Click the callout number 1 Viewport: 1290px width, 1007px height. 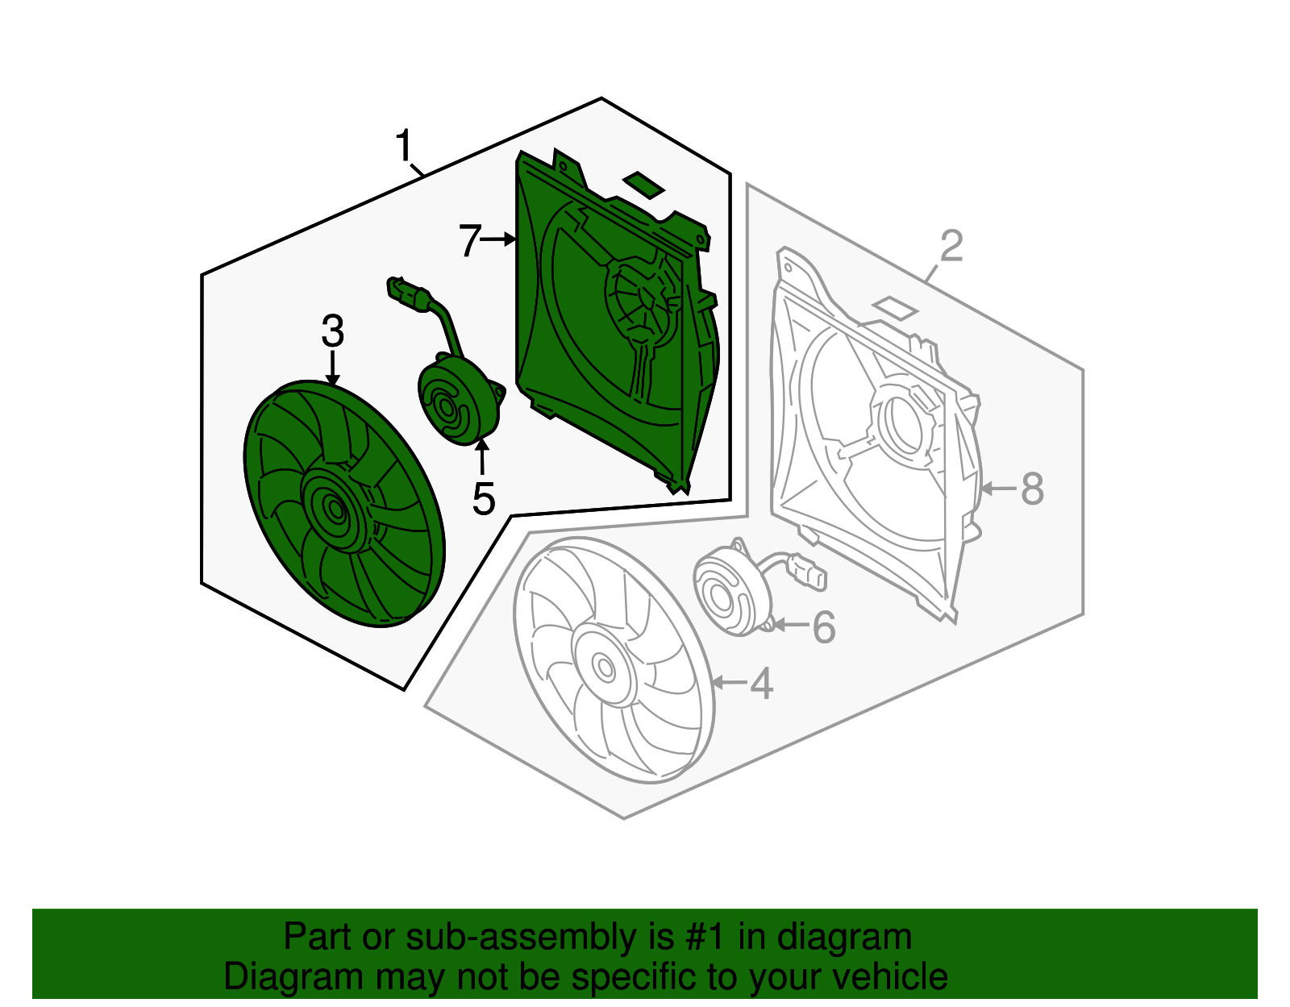[x=404, y=147]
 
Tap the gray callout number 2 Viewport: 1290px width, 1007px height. [x=951, y=246]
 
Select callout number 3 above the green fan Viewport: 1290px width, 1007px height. [x=332, y=331]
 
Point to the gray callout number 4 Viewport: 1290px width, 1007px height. [x=761, y=684]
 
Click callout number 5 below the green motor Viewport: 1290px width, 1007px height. [x=483, y=499]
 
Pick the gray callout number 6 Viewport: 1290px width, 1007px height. [x=823, y=627]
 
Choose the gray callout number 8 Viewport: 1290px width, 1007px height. [x=1032, y=489]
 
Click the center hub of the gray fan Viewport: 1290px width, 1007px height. [x=603, y=666]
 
